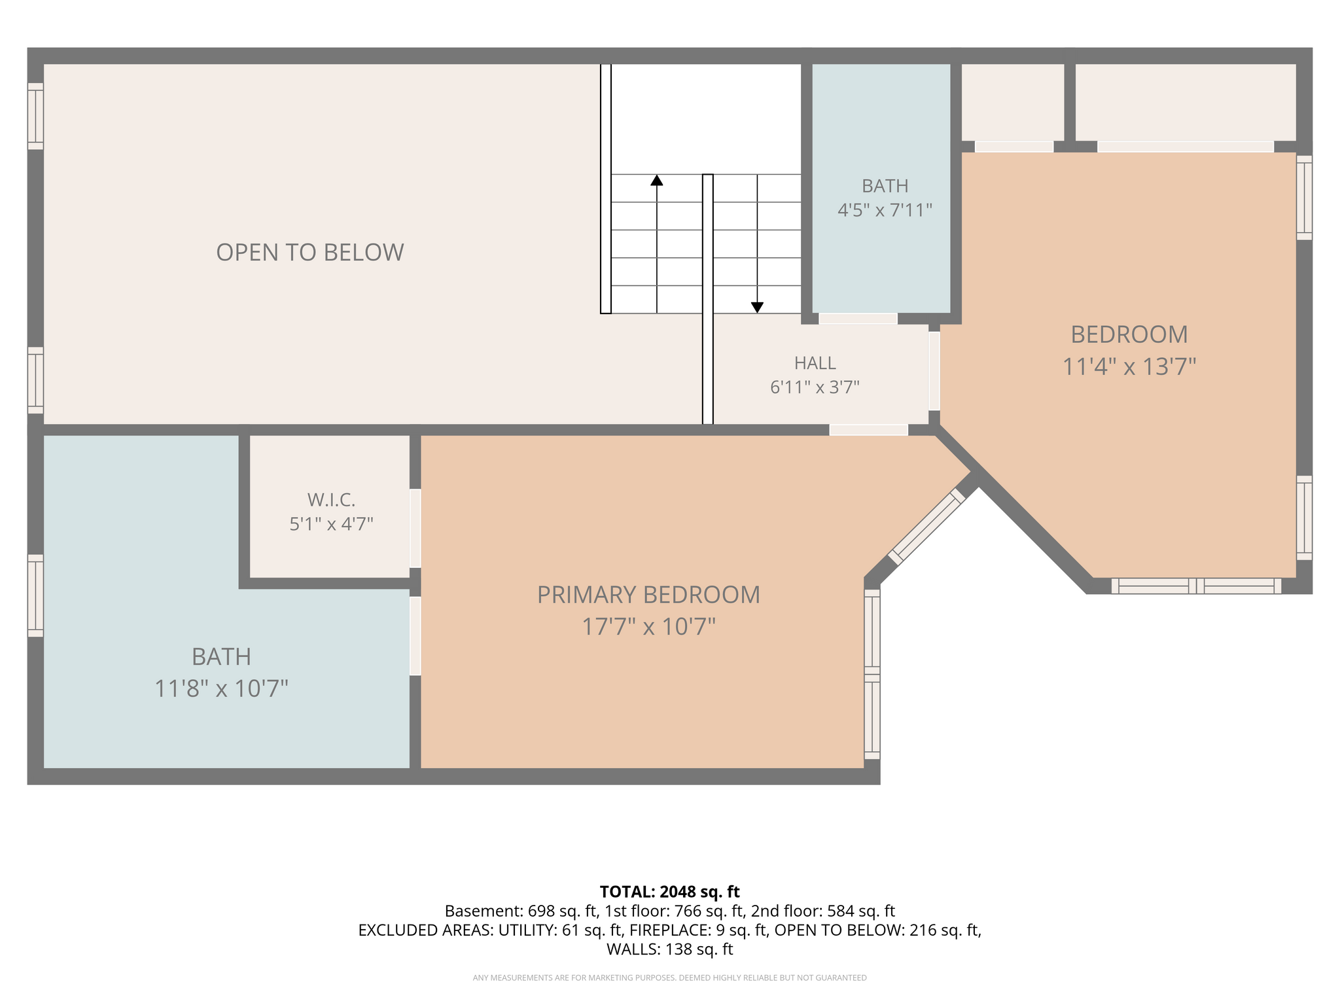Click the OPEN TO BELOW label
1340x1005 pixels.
(x=310, y=253)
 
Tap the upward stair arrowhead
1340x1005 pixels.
(x=657, y=180)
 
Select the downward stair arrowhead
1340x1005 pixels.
(x=757, y=308)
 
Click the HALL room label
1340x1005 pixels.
(x=815, y=363)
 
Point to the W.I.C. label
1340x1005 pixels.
(x=331, y=501)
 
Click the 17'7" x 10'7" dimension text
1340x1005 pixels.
(x=648, y=627)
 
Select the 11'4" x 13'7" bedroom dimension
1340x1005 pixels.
(x=1129, y=366)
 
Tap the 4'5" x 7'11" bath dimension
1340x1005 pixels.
(x=885, y=210)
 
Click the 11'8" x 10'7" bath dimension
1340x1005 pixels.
(x=221, y=688)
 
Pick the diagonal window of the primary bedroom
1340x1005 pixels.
(x=926, y=526)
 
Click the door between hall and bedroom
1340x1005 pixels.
(x=934, y=371)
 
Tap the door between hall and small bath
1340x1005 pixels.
(x=858, y=319)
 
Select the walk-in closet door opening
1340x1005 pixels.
(x=415, y=528)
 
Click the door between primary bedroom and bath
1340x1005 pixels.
(x=415, y=636)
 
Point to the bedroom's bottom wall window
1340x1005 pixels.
(x=1196, y=586)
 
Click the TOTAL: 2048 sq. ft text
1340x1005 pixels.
(x=669, y=892)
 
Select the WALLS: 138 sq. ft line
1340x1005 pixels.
(x=669, y=949)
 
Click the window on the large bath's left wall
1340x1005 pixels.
(x=35, y=595)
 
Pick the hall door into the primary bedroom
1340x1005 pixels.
(x=869, y=430)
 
